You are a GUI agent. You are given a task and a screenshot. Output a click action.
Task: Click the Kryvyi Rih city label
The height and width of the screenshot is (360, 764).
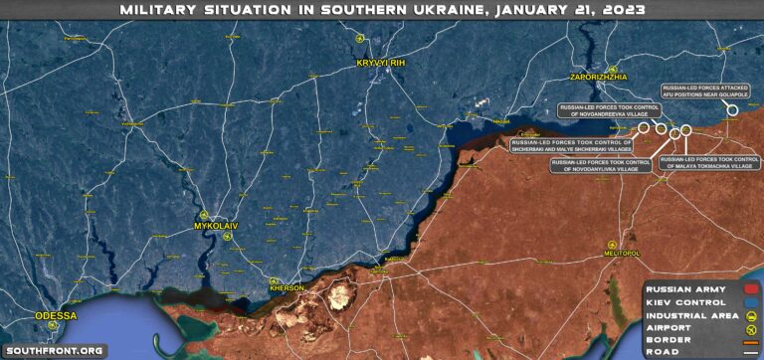point(378,64)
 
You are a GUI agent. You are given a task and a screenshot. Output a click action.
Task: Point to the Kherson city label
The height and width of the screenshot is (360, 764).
point(286,287)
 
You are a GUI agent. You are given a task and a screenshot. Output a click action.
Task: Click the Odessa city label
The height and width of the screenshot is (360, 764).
point(55,315)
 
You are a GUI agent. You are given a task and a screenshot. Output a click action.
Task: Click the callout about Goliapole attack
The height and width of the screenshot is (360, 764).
point(705,90)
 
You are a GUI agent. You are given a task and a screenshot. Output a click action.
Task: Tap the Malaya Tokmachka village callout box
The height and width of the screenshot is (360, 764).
point(709,162)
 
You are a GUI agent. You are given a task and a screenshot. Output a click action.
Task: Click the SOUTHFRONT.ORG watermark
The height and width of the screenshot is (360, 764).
point(54,350)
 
